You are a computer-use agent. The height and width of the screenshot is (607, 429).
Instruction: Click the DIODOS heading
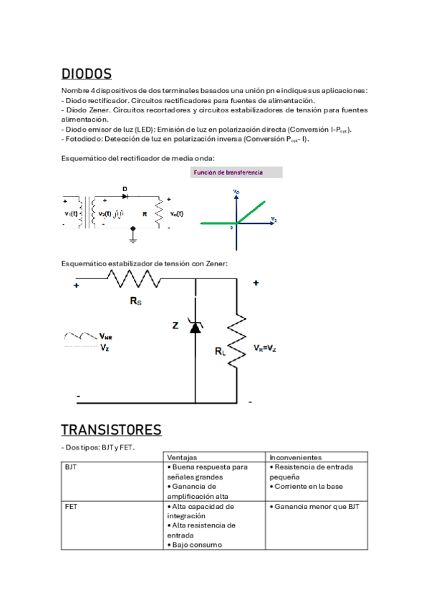tap(86, 74)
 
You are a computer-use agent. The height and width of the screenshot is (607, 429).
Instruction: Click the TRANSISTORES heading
tap(111, 429)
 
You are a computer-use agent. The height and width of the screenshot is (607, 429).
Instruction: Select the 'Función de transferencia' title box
tap(237, 173)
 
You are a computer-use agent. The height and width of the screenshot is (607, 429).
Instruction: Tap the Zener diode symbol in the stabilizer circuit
tap(195, 326)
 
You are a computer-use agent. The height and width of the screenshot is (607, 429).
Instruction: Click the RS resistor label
tap(135, 301)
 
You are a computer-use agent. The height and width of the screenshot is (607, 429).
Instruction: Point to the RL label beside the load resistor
tap(220, 351)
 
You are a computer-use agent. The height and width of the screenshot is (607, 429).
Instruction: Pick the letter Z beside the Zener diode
tap(175, 326)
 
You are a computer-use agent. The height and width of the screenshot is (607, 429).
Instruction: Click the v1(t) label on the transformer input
tap(71, 213)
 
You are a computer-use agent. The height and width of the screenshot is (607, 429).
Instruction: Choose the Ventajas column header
tap(182, 457)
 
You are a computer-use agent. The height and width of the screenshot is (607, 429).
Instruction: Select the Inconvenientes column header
tap(296, 457)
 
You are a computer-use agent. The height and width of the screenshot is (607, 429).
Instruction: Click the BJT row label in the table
tap(71, 467)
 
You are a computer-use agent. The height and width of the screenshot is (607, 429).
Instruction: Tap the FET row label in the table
tap(71, 506)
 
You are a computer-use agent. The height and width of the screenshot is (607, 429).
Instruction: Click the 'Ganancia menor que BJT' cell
tap(316, 506)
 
